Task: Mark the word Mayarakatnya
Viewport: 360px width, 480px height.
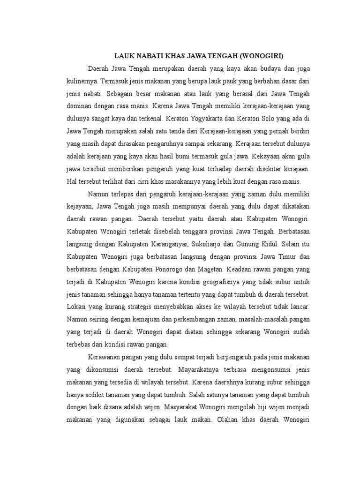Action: tap(202, 370)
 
